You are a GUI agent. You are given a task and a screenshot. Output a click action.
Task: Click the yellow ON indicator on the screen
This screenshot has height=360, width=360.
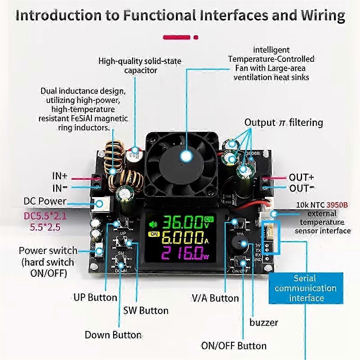pyautogui.click(x=154, y=234)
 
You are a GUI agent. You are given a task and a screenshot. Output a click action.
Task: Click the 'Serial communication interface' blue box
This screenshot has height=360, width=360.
pyautogui.click(x=306, y=288)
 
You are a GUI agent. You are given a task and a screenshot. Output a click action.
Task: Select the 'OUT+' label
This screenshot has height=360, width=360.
pyautogui.click(x=301, y=177)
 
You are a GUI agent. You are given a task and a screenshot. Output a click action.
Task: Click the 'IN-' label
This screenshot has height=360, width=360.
pyautogui.click(x=60, y=188)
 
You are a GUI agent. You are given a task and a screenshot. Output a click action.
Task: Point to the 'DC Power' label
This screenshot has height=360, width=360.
pyautogui.click(x=45, y=201)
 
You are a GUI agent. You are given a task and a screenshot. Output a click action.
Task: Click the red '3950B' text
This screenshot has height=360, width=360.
pyautogui.click(x=337, y=205)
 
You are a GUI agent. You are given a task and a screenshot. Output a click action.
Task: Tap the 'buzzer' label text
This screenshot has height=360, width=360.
pyautogui.click(x=263, y=322)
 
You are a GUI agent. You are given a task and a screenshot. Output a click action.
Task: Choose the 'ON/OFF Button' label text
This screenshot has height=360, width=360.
pyautogui.click(x=234, y=346)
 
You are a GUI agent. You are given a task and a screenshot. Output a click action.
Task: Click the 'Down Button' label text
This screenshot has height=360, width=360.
pyautogui.click(x=113, y=335)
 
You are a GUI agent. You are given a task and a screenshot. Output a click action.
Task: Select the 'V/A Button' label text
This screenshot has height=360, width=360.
pyautogui.click(x=215, y=298)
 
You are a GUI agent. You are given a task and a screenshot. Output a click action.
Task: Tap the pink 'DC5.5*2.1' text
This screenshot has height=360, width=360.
pyautogui.click(x=45, y=216)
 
